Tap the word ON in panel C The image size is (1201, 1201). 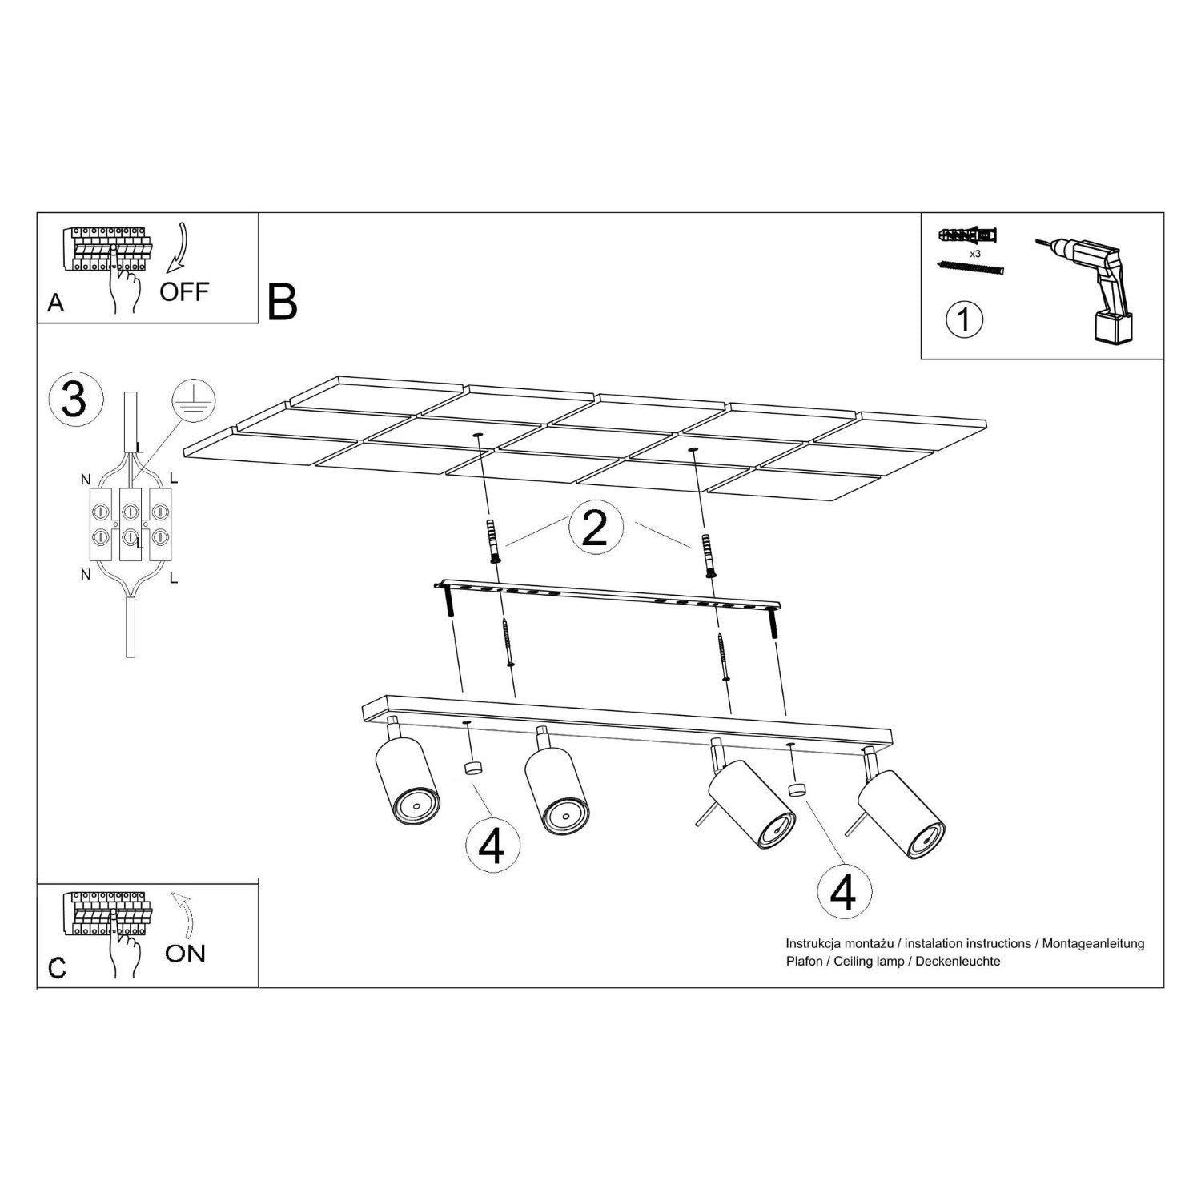tap(185, 953)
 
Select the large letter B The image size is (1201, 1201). tap(283, 303)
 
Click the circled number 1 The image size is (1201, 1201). tap(964, 319)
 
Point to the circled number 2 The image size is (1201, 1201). tap(594, 529)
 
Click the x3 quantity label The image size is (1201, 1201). tap(975, 253)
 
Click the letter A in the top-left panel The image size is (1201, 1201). tap(56, 303)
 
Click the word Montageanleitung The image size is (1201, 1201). tap(1094, 944)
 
